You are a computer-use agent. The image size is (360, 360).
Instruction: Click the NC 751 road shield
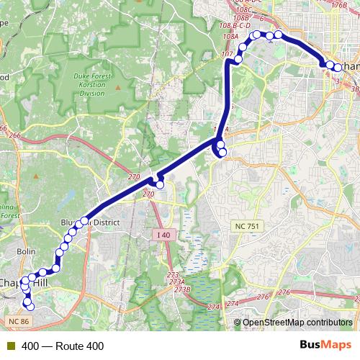[x=247, y=226]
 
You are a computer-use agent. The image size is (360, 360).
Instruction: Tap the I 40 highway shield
[x=164, y=235]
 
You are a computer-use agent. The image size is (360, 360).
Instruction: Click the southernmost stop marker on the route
[x=30, y=309]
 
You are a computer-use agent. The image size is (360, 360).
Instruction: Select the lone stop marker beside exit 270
[x=160, y=185]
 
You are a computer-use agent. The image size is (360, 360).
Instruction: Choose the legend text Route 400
[x=63, y=346]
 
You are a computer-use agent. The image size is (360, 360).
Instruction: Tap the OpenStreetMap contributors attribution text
[x=297, y=322]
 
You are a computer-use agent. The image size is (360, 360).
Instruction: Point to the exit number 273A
[x=176, y=282]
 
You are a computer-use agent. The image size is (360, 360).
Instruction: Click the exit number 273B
[x=181, y=289]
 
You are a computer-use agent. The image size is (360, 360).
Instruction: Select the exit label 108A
[x=230, y=35]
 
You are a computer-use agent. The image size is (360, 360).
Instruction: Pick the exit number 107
[x=228, y=54]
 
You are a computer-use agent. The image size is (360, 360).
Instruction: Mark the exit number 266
[x=4, y=128]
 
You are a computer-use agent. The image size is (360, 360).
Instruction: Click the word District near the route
[x=104, y=222]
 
